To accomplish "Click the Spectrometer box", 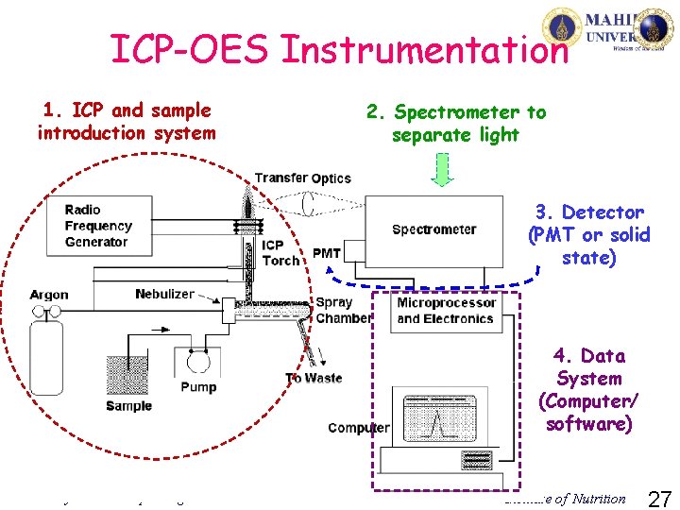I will [x=433, y=229].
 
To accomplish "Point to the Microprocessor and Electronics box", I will [x=445, y=311].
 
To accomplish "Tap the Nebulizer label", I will [x=164, y=294].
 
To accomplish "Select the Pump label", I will [x=198, y=386].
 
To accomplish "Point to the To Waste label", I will [x=314, y=378].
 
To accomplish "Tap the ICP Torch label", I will [x=280, y=253].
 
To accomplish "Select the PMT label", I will [x=327, y=252].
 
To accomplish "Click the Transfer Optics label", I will [x=302, y=178].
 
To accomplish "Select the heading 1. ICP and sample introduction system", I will [x=126, y=122].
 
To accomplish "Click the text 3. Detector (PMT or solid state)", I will [x=589, y=235].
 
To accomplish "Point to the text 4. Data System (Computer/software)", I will [x=589, y=389].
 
